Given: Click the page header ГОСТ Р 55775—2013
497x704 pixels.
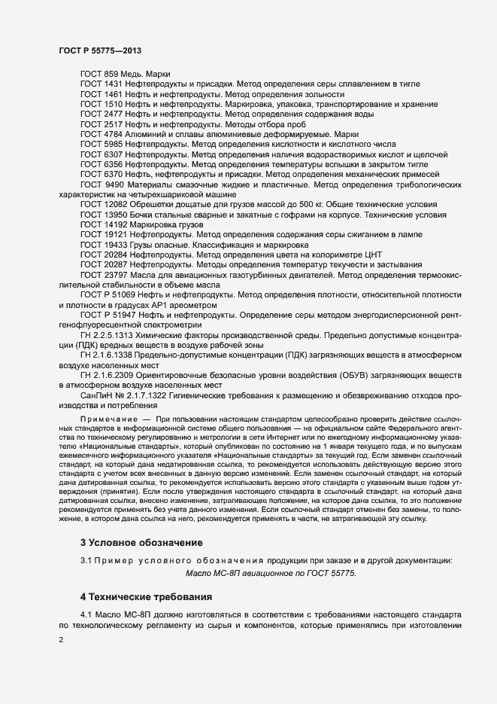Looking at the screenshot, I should (x=100, y=50).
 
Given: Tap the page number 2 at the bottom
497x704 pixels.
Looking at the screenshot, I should (x=61, y=639).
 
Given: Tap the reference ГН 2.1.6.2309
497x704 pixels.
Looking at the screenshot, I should (x=108, y=374).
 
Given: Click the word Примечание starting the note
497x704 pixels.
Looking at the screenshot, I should (x=107, y=417).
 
